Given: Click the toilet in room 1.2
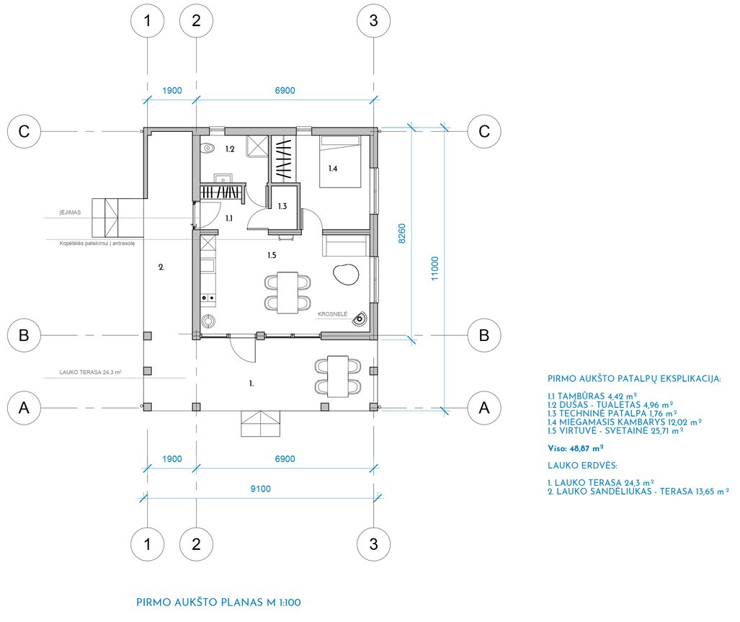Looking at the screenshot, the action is [207, 148].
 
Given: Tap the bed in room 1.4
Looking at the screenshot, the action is [340, 161].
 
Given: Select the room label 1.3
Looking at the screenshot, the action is [282, 206].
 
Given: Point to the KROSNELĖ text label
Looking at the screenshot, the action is [332, 314].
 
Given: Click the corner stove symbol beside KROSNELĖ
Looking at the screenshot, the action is [360, 319].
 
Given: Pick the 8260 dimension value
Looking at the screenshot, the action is [401, 233].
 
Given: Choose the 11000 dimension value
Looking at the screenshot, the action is [434, 268].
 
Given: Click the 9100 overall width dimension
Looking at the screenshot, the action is [261, 489].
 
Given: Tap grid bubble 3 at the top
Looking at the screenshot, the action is [374, 21].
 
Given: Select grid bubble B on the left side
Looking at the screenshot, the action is [24, 336].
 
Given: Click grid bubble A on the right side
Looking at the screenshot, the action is [484, 408].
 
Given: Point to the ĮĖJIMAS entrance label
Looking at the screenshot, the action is [70, 213].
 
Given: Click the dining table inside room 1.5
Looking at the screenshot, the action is [287, 293].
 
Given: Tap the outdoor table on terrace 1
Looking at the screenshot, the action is [338, 377].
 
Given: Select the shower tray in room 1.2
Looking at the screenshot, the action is [257, 146].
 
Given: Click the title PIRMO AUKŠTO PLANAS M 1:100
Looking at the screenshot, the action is [218, 603].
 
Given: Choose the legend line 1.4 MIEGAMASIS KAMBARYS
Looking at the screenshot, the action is [625, 422].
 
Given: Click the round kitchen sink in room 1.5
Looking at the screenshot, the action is [208, 322].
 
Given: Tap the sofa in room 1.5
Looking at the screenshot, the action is [345, 244].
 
